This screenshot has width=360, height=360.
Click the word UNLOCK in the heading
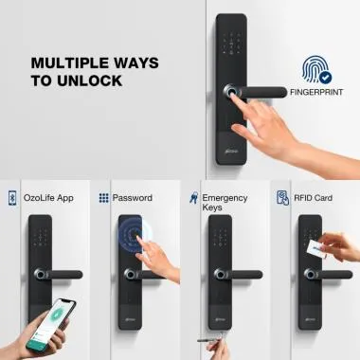(x=89, y=81)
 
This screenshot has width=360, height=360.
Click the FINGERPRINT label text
(x=316, y=92)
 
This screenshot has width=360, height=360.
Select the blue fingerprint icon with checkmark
(x=316, y=69)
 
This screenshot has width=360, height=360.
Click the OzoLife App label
(x=48, y=198)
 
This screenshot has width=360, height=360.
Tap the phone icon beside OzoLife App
(x=12, y=198)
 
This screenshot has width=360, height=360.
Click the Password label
(x=133, y=198)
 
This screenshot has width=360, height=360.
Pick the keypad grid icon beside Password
(x=104, y=198)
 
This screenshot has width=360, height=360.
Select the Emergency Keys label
(x=225, y=203)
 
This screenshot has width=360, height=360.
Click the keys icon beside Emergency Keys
(x=193, y=198)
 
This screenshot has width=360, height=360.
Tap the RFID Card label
(x=313, y=198)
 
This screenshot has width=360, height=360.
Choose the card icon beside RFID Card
(x=282, y=198)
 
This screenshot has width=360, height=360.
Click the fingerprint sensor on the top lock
(x=230, y=92)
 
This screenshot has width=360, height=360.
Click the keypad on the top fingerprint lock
(x=231, y=44)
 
